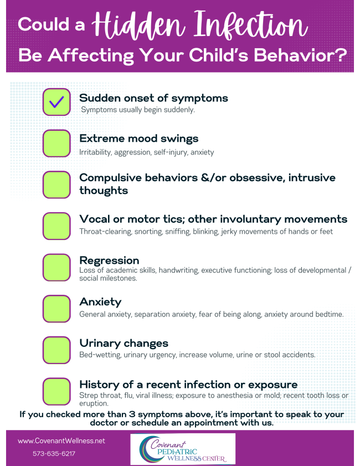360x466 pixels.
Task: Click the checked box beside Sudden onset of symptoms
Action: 56,102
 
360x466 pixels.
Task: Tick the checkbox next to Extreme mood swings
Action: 56,144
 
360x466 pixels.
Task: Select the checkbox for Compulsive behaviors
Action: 56,185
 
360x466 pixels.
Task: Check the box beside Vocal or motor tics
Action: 56,226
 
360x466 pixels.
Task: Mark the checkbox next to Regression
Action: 56,268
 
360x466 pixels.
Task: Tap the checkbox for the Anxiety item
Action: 56,309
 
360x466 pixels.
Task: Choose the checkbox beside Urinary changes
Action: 56,350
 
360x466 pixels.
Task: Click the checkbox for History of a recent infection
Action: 56,391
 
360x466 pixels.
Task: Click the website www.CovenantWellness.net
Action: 61,441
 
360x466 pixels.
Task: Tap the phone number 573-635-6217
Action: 54,453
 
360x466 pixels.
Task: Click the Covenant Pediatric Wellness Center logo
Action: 183,449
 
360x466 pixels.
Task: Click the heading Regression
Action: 109,260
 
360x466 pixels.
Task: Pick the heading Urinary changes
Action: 124,343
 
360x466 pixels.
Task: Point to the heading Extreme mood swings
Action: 138,139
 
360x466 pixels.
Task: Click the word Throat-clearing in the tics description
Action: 105,232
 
